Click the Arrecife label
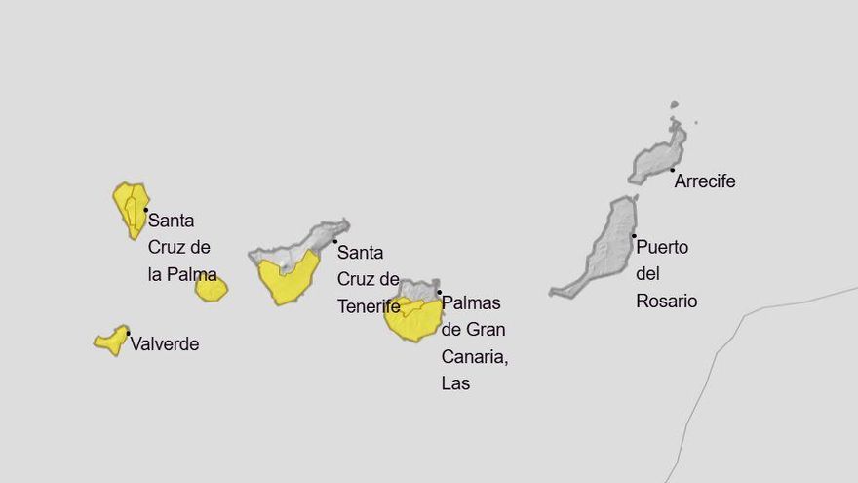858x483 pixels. (705, 181)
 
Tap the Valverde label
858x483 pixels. (164, 344)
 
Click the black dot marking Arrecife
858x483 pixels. (672, 170)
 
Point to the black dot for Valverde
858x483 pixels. (128, 333)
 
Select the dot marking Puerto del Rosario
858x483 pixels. (634, 235)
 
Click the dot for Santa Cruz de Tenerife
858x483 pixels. (335, 241)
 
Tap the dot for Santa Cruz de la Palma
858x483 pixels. (145, 210)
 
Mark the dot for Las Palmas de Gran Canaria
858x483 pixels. (439, 292)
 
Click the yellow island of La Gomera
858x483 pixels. (211, 288)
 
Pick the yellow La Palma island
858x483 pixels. (130, 207)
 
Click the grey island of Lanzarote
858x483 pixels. (658, 157)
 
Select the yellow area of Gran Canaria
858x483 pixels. (413, 321)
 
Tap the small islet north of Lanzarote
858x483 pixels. (674, 104)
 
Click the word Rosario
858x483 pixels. (667, 302)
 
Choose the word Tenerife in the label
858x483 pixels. (369, 306)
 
